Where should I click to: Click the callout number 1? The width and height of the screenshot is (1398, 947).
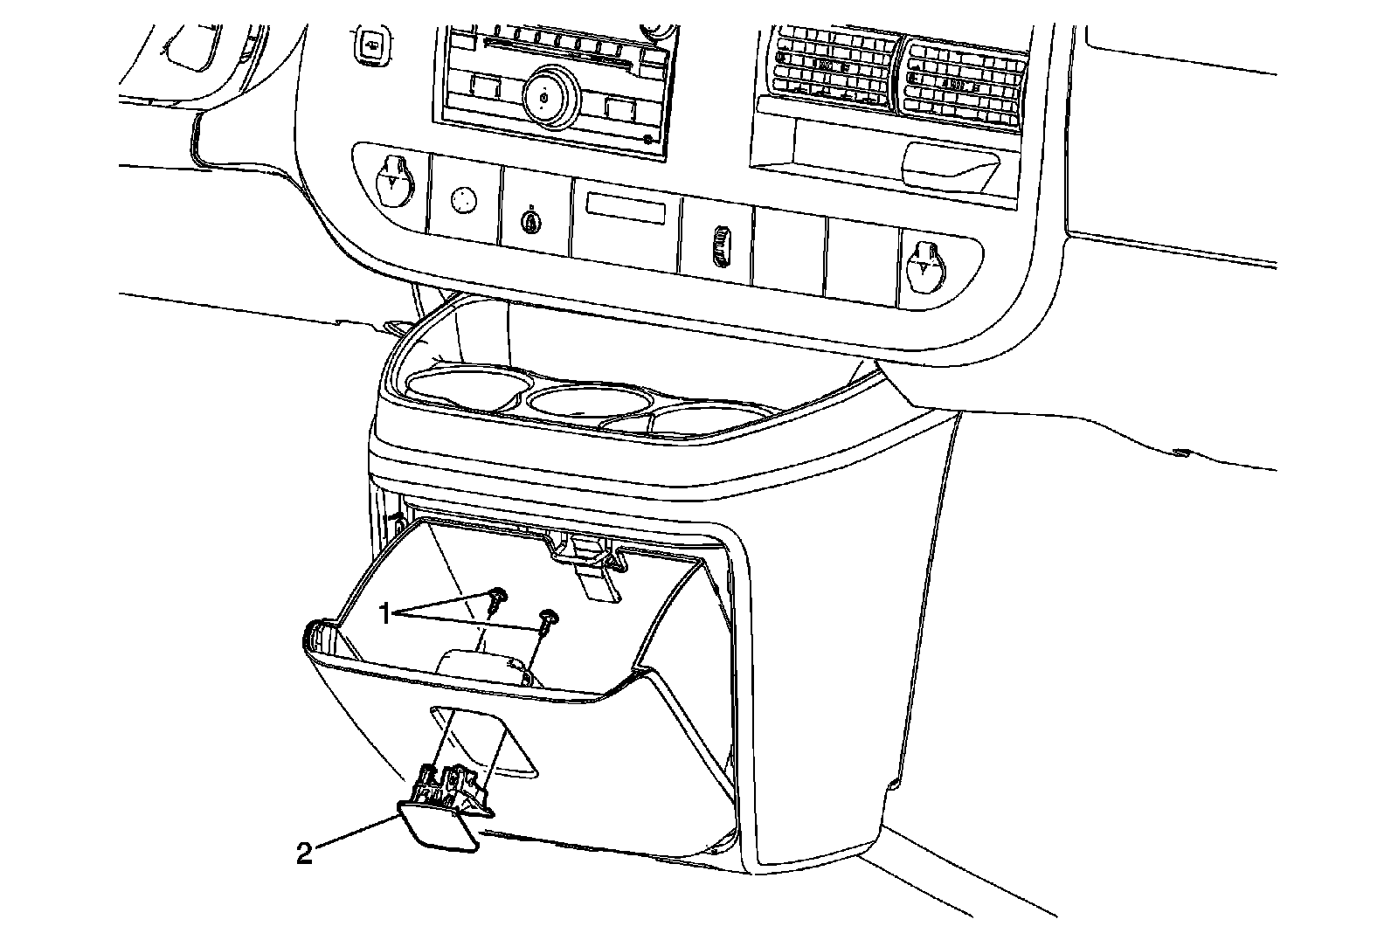[x=384, y=614]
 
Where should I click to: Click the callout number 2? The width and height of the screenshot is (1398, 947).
[x=304, y=854]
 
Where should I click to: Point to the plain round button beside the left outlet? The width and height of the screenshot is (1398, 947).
[x=464, y=199]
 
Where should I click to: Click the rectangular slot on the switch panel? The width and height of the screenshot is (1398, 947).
[x=630, y=211]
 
